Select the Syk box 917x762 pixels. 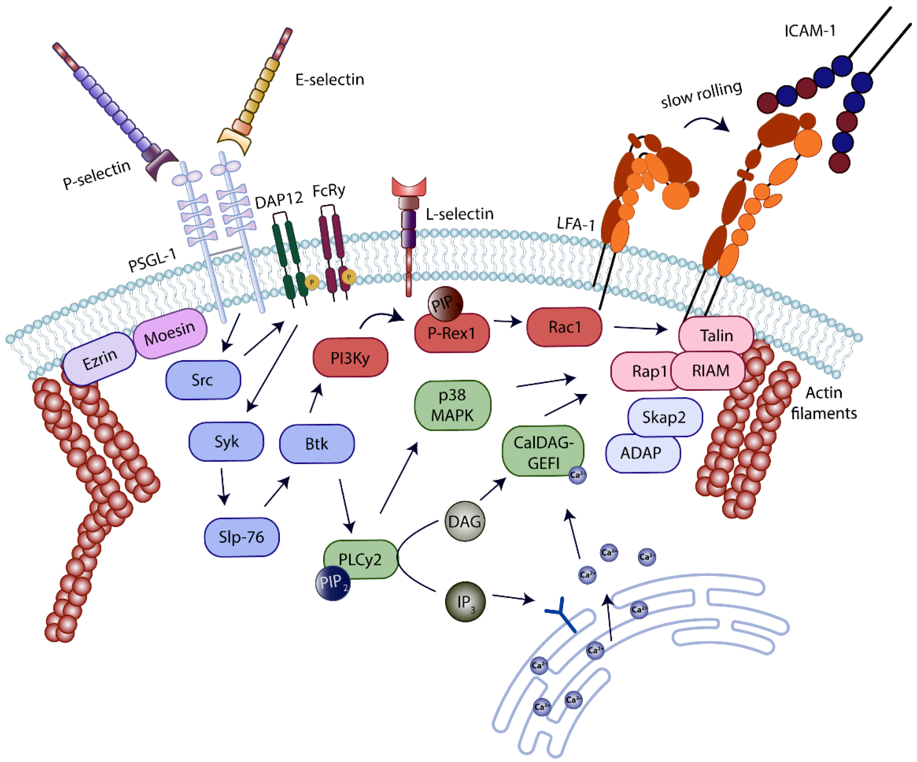[226, 442]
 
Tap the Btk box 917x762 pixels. [317, 444]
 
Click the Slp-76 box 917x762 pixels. [242, 537]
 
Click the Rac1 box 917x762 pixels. [564, 327]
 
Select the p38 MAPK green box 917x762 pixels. [452, 405]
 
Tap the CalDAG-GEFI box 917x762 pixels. [543, 452]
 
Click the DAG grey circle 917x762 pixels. [465, 521]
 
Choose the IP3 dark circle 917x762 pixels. [465, 602]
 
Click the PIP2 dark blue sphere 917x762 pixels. [333, 583]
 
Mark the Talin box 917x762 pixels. [716, 335]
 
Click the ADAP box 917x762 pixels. [641, 453]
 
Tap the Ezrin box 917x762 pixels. [100, 359]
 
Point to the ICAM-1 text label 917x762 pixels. [810, 31]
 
